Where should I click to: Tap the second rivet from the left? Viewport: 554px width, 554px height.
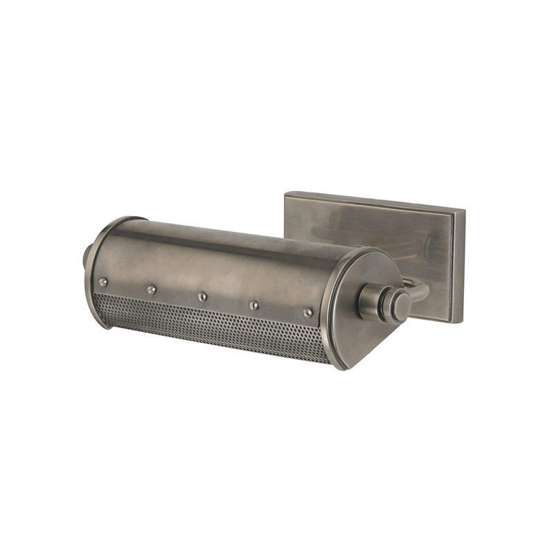click(x=151, y=289)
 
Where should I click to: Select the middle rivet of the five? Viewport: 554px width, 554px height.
click(x=202, y=296)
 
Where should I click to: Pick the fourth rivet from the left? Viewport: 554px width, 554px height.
click(x=254, y=304)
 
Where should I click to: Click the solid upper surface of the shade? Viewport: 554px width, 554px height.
click(x=229, y=256)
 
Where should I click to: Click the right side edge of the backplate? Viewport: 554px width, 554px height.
click(x=463, y=267)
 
